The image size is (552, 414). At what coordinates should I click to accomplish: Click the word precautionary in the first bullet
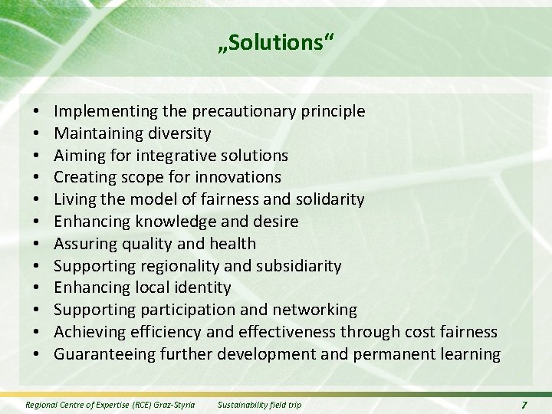coord(251,111)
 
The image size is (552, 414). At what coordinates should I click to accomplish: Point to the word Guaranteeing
coord(104,354)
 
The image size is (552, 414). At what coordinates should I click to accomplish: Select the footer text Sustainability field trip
coord(261,403)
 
